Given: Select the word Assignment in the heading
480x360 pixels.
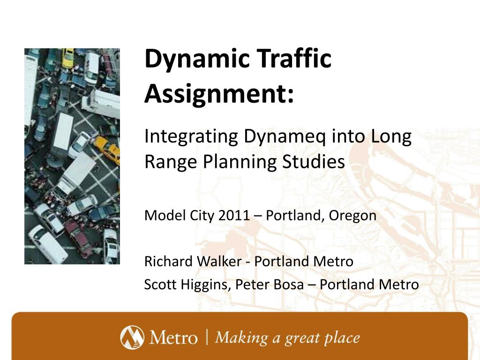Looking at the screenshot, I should [216, 94].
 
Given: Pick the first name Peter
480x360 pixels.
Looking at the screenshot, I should [253, 284].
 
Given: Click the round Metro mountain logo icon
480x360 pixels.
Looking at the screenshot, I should [132, 337].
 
